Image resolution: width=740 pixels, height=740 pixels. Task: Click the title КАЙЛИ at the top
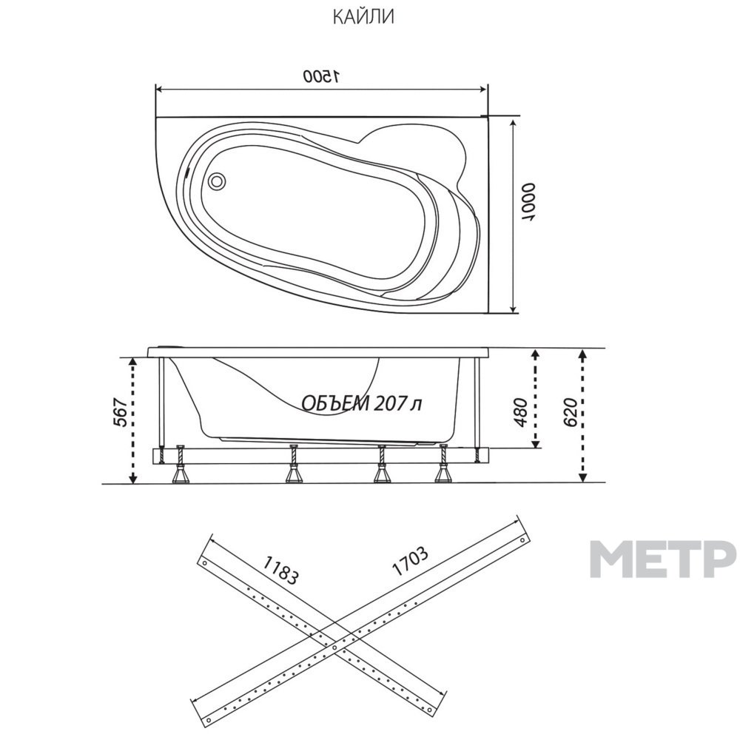coord(363,17)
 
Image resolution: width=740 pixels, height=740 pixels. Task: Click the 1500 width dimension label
coord(321,75)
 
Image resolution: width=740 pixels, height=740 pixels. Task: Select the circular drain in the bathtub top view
coord(217,181)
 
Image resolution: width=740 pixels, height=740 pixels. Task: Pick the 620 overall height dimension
coord(570,411)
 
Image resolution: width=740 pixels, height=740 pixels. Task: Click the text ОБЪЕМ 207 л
coord(361,403)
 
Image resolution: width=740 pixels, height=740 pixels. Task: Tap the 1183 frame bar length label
coord(280,570)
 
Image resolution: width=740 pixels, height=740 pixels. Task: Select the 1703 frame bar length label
coord(410,562)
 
